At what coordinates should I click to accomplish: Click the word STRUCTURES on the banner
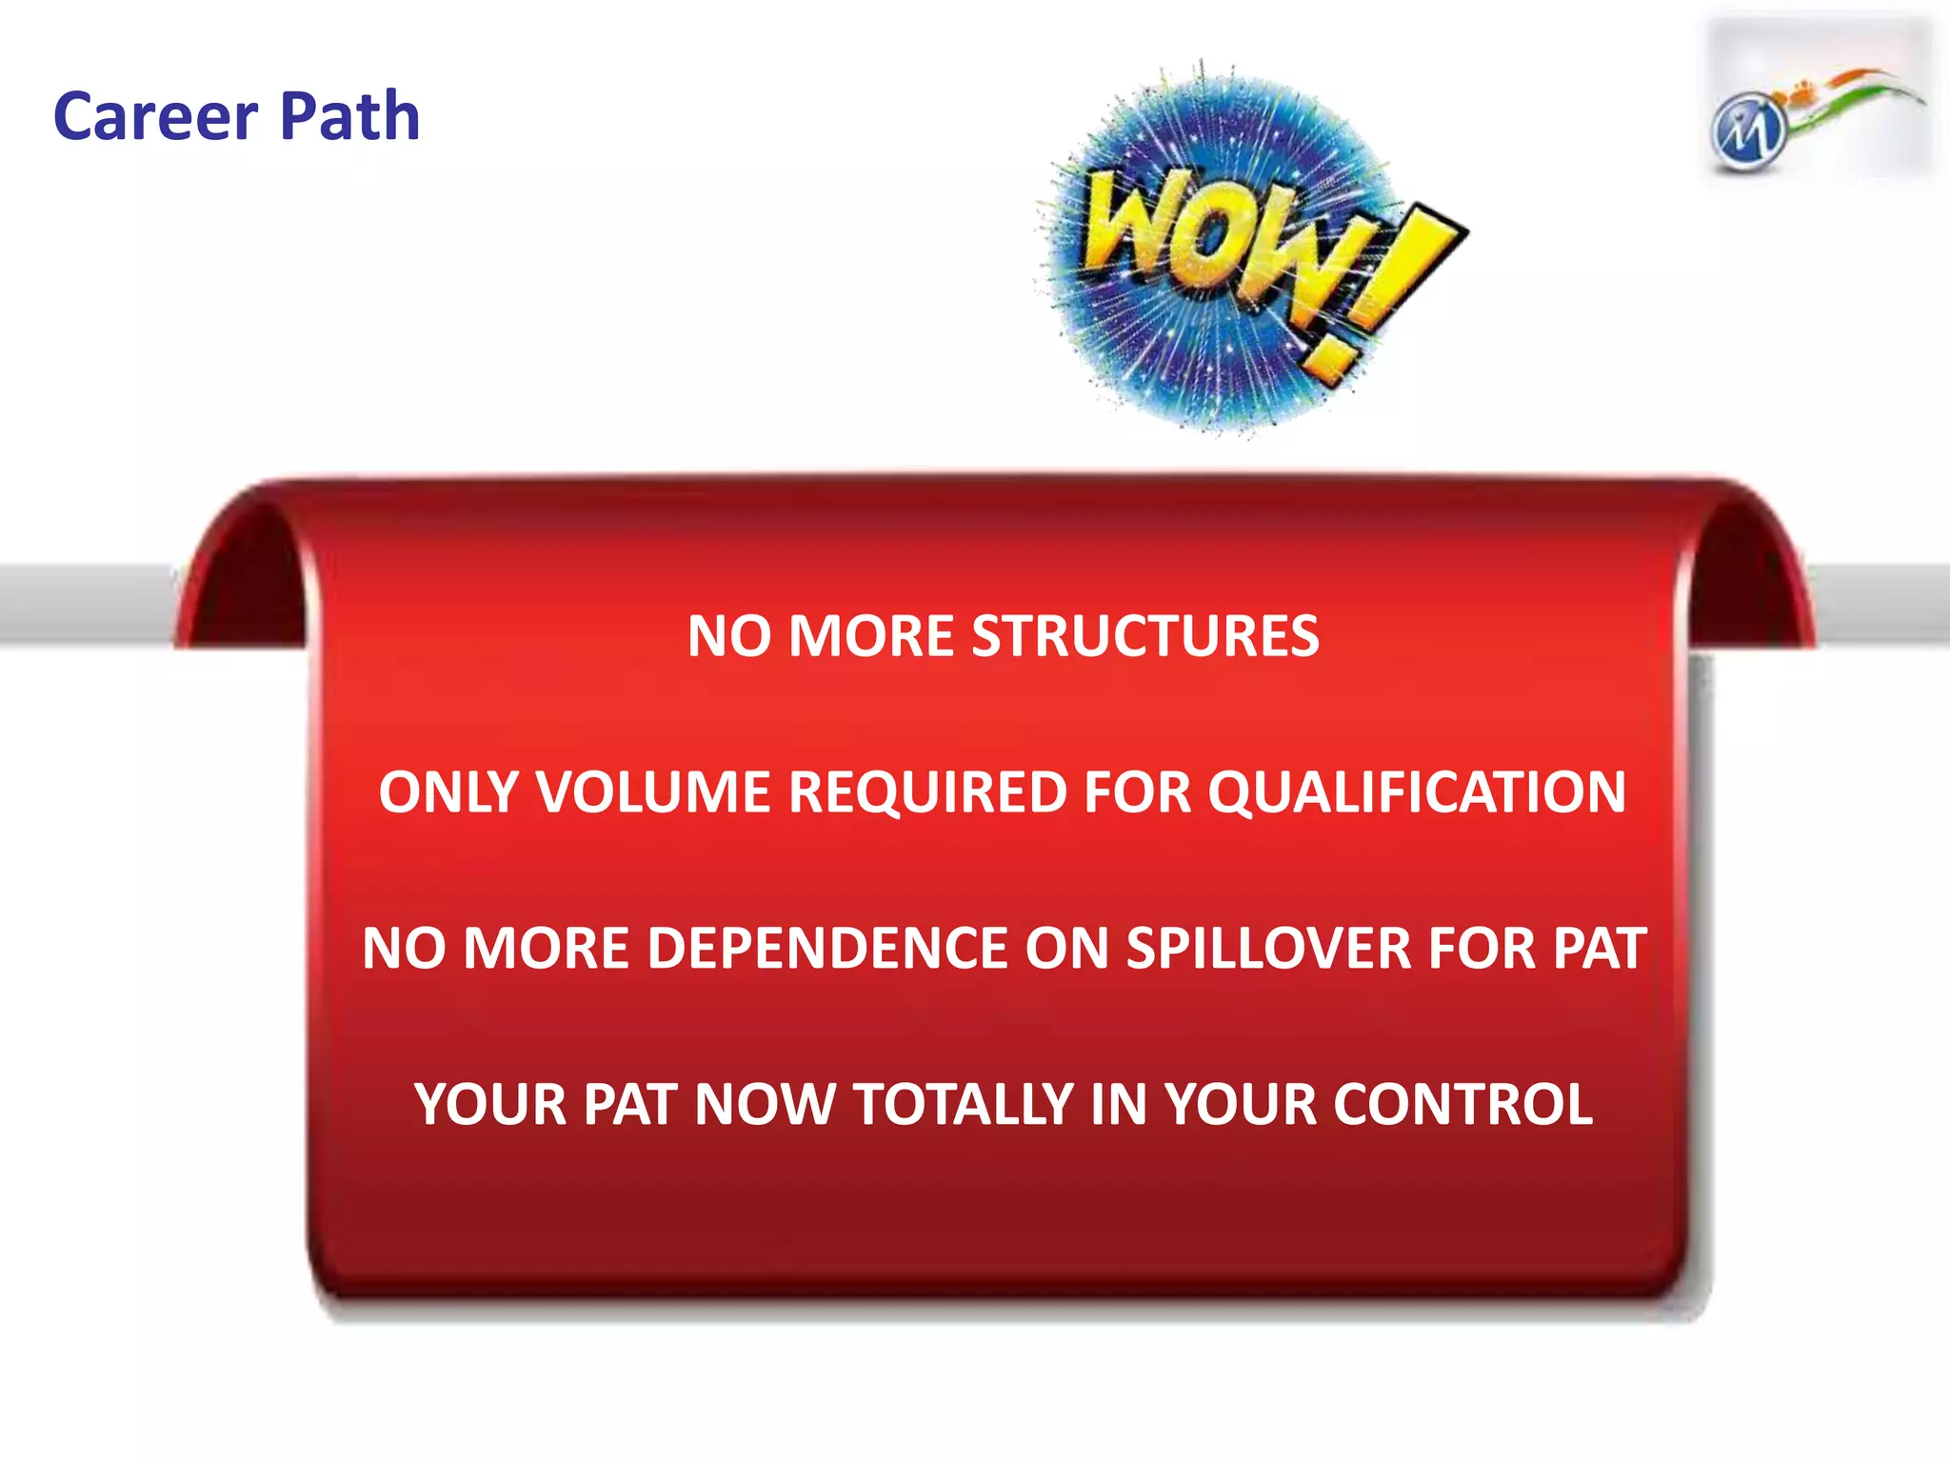1144,636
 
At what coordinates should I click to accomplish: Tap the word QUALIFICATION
1417,792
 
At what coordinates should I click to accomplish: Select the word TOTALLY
964,1105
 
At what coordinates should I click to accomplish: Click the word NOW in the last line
765,1105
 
